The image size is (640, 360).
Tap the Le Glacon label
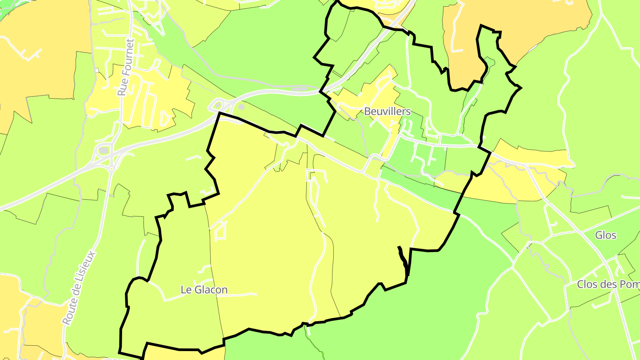coord(204,290)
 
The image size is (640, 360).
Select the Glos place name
coord(606,235)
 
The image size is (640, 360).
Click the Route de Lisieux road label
coord(79,288)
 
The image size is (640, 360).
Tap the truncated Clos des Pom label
coord(608,284)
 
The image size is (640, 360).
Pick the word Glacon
coord(212,290)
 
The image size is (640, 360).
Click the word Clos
coord(586,284)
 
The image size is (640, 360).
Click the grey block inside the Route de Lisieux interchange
coord(104,151)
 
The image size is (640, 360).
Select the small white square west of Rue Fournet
coord(96,71)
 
